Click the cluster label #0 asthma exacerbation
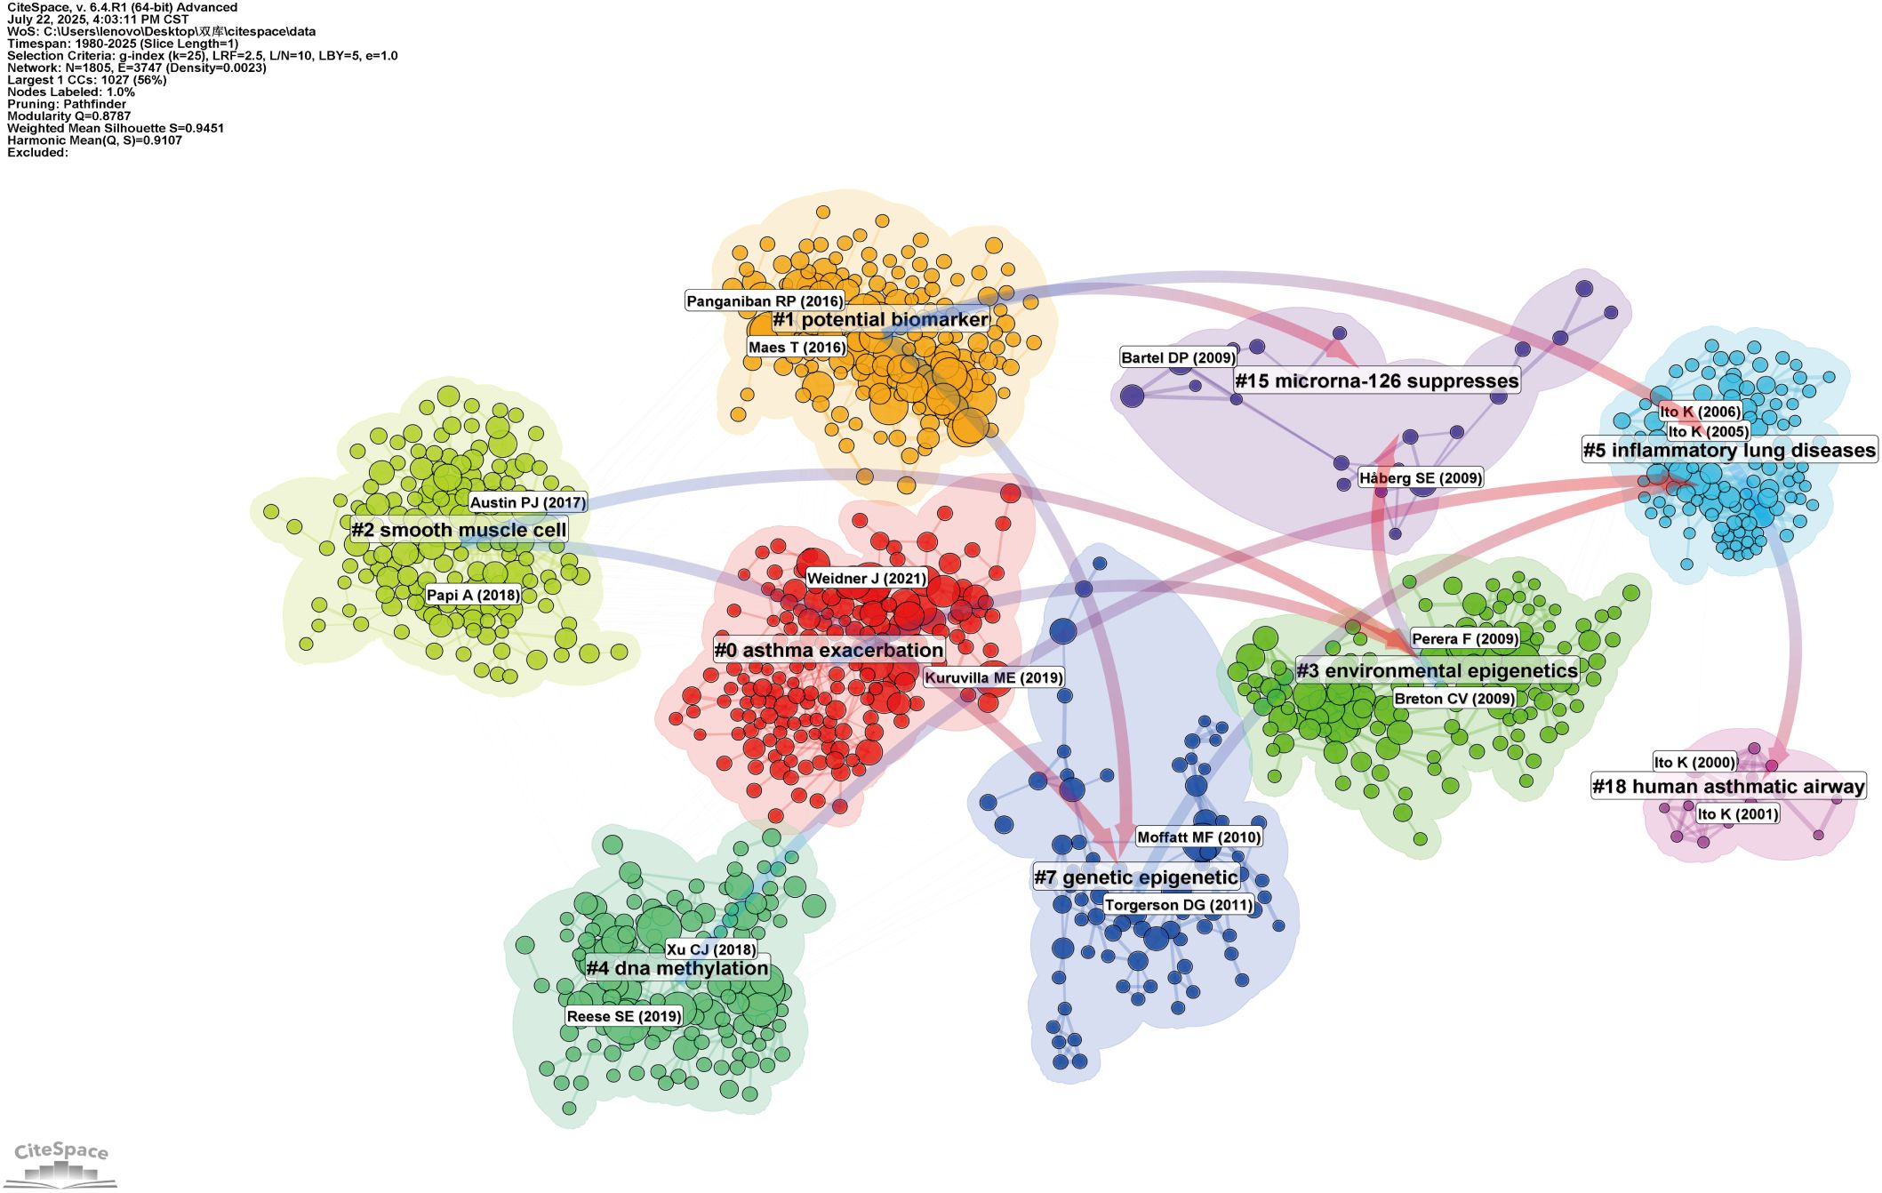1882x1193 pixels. (829, 651)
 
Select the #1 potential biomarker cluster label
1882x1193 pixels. (880, 320)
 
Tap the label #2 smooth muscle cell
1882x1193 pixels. (459, 531)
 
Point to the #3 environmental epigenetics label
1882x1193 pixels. (1437, 670)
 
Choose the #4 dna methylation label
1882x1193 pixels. (677, 968)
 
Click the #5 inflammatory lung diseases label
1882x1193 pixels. (1729, 451)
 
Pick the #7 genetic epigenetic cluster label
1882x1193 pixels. (1135, 877)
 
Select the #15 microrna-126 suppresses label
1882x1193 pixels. (1376, 381)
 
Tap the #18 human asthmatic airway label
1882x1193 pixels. (1727, 787)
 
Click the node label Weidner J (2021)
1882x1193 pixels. (867, 579)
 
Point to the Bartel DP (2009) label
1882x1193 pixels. (1178, 358)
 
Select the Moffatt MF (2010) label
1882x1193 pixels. (1198, 837)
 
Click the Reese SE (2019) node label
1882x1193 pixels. (624, 1016)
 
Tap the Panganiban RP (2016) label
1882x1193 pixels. (765, 301)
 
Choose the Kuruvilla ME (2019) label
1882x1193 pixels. (994, 677)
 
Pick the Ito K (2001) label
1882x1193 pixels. (1737, 814)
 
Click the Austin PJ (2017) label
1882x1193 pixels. (528, 503)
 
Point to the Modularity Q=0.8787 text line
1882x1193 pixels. (69, 116)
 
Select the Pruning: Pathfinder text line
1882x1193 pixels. (67, 104)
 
